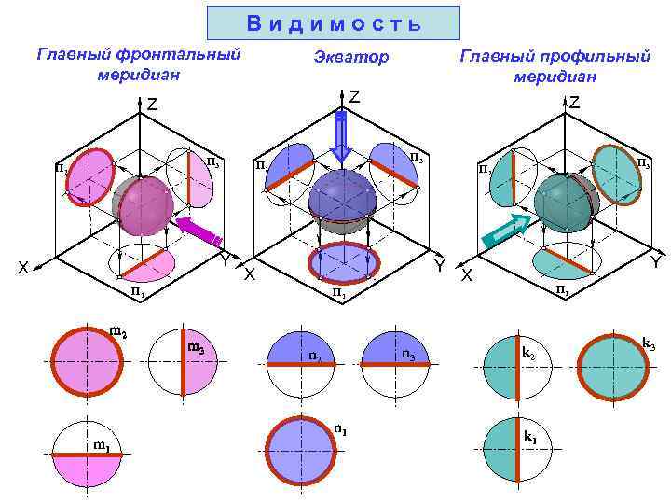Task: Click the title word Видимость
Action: pyautogui.click(x=334, y=23)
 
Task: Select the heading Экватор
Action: pyautogui.click(x=351, y=58)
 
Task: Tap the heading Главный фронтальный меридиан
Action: pyautogui.click(x=138, y=63)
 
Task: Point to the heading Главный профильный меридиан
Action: pyautogui.click(x=555, y=65)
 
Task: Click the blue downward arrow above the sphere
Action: pyautogui.click(x=341, y=135)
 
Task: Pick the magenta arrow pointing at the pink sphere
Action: pyautogui.click(x=199, y=231)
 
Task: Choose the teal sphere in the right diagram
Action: pyautogui.click(x=562, y=199)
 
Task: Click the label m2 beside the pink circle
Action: pyautogui.click(x=118, y=330)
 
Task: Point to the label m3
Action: pyautogui.click(x=197, y=349)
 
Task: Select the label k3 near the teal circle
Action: pyautogui.click(x=649, y=344)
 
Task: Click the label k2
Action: pyautogui.click(x=527, y=354)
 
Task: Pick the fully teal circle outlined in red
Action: pyautogui.click(x=610, y=368)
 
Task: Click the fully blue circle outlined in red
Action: pyautogui.click(x=302, y=450)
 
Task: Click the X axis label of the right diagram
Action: pyautogui.click(x=468, y=276)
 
